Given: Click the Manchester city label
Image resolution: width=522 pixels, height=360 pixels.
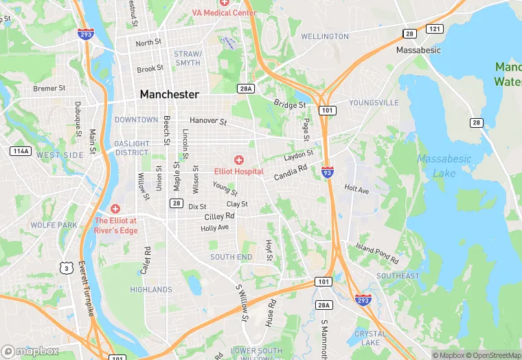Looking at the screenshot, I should click(x=169, y=94).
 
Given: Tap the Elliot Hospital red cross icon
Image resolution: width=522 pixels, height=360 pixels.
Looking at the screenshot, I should click(x=239, y=160).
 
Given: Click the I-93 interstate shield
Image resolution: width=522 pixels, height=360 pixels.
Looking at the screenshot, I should click(x=328, y=172).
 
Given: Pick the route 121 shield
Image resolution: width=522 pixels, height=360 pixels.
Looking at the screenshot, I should click(x=433, y=29).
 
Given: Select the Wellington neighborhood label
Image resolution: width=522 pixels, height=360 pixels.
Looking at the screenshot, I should click(x=324, y=36).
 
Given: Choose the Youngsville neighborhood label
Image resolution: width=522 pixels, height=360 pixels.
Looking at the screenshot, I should click(x=374, y=103).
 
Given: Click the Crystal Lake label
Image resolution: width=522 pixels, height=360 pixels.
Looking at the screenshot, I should click(x=370, y=337).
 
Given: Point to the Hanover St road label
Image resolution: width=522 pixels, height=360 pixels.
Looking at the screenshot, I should click(x=208, y=121).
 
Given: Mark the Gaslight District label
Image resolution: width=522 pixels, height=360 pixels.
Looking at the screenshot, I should click(x=131, y=148).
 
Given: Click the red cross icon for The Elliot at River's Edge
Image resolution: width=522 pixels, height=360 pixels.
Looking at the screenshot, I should click(x=115, y=208).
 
